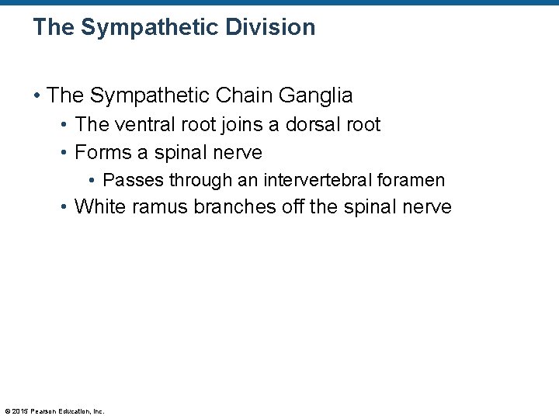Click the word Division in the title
(x=271, y=27)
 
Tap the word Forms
(x=103, y=152)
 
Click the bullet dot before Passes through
(x=92, y=181)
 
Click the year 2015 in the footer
(x=21, y=411)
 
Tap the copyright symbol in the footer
(x=7, y=411)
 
